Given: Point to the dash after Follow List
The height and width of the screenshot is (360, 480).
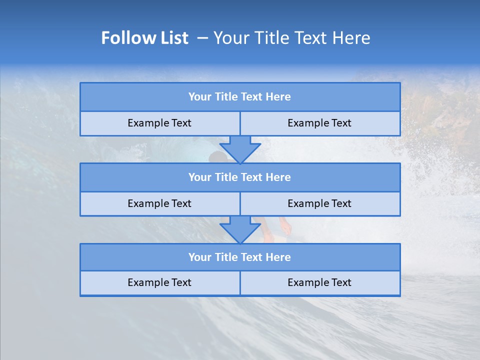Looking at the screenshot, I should (x=202, y=38).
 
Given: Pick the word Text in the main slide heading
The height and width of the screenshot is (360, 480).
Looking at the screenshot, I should (x=310, y=38).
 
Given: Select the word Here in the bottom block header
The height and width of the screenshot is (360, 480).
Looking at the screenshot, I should (x=278, y=257).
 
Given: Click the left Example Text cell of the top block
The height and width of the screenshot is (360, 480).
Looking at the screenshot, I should (x=159, y=123).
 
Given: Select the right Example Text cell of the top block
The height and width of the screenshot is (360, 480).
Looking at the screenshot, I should (x=319, y=123).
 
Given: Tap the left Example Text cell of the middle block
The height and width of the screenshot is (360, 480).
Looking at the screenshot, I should (x=159, y=203).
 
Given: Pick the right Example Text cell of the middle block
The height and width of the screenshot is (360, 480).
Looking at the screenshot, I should (x=319, y=203).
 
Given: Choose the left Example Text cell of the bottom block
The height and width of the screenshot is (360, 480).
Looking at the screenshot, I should (x=159, y=282).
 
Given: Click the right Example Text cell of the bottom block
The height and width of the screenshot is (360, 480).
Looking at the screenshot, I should (x=319, y=282).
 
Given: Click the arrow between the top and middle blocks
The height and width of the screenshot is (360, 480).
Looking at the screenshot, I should (x=240, y=149).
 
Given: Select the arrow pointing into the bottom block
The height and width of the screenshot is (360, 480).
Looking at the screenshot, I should (x=240, y=229).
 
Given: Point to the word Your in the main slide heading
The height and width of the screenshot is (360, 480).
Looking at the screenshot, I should (x=231, y=38).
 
